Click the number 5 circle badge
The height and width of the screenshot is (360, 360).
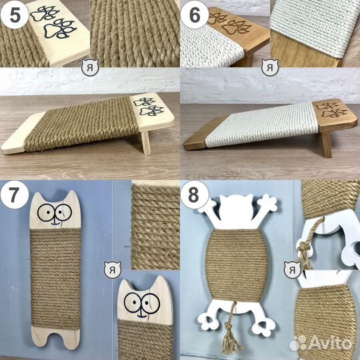(x=15, y=15)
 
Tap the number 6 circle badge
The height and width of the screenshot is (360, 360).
(x=195, y=15)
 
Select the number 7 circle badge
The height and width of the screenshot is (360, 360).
(x=15, y=195)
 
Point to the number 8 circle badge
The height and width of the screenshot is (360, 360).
(x=195, y=195)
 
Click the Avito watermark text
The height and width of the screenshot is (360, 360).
(x=321, y=343)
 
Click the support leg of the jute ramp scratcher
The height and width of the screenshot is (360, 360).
(x=146, y=143)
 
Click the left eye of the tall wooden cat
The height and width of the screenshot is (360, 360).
(x=47, y=213)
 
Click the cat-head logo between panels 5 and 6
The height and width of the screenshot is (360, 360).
(x=90, y=67)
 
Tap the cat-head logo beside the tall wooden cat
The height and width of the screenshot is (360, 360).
(x=112, y=270)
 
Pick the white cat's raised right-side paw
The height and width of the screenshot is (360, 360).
(x=269, y=203)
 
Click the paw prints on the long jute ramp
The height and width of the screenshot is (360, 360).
(x=149, y=107)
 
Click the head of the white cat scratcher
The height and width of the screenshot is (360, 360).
(x=236, y=208)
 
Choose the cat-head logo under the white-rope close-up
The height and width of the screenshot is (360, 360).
(x=270, y=67)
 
